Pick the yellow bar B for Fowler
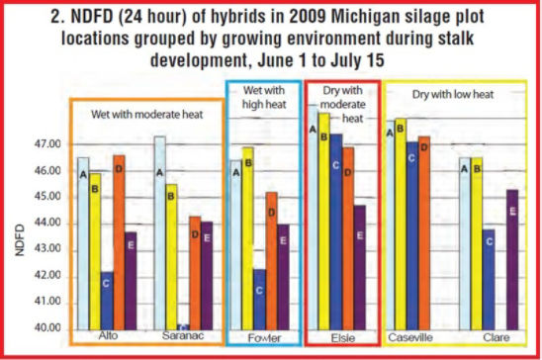[247, 237]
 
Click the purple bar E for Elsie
[359, 267]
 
